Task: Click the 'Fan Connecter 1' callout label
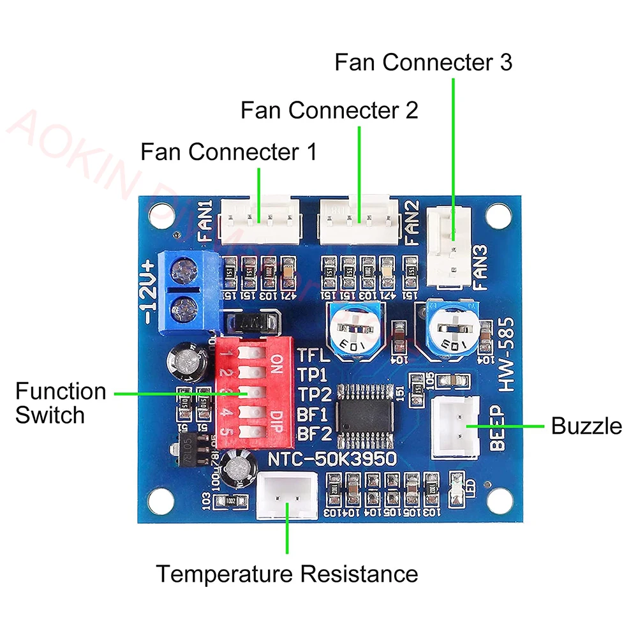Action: click(228, 152)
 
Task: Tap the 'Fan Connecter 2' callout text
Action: click(329, 110)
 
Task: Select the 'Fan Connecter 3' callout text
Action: click(424, 63)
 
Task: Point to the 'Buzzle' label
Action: click(586, 426)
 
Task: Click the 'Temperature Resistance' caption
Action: click(288, 574)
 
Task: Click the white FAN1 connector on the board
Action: click(259, 220)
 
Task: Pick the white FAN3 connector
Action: click(450, 246)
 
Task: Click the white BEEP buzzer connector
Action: click(456, 426)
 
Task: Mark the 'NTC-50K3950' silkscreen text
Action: click(332, 458)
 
